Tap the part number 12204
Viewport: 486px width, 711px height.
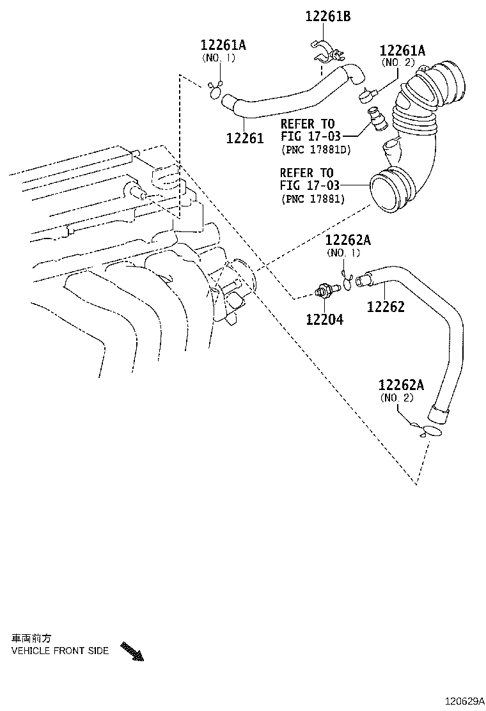pyautogui.click(x=324, y=319)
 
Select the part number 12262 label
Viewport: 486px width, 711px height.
pyautogui.click(x=386, y=307)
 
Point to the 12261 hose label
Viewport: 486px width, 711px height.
pyautogui.click(x=244, y=137)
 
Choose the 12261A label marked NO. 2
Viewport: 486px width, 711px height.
pyautogui.click(x=402, y=51)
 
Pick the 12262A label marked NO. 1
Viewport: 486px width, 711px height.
pyautogui.click(x=348, y=240)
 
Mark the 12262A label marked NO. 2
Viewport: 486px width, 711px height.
pyautogui.click(x=401, y=385)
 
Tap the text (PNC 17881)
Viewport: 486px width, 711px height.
pyautogui.click(x=313, y=199)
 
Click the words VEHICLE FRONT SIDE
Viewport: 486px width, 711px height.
pyautogui.click(x=60, y=651)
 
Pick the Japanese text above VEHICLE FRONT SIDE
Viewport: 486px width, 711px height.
pyautogui.click(x=31, y=638)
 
